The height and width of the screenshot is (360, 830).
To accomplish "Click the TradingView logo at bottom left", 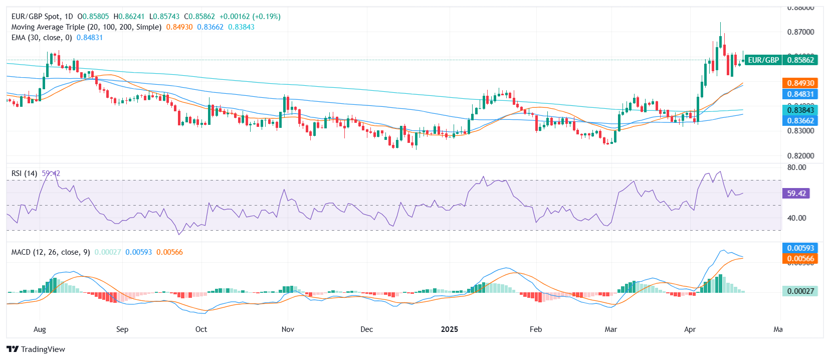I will pos(36,349).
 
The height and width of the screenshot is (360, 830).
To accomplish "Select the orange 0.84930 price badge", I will pos(800,83).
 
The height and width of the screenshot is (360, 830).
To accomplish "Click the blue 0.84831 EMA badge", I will pos(800,94).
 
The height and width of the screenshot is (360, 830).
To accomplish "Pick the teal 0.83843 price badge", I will pos(800,110).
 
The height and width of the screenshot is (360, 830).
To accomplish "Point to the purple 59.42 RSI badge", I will pos(796,194).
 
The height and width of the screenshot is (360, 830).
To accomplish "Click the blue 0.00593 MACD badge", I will pos(800,248).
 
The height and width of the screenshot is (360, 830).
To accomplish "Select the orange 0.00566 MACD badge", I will pos(800,259).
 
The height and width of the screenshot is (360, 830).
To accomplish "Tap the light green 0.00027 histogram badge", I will pos(800,291).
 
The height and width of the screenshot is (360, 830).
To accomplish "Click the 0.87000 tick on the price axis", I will pos(800,32).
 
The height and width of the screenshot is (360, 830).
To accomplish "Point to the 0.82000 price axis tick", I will pos(800,156).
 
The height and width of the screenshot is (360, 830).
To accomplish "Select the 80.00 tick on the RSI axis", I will pos(796,167).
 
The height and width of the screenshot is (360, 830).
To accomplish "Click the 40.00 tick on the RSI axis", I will pos(796,218).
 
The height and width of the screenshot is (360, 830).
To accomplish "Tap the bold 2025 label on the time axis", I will pos(449,329).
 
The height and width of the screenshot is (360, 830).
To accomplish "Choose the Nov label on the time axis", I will pos(288,329).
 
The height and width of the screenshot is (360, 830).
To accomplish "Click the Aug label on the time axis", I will pos(40,329).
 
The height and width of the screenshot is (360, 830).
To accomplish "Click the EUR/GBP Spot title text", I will pos(36,17).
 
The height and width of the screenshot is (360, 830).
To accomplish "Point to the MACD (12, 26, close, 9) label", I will pos(51,252).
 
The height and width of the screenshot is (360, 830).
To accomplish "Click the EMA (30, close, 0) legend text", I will pos(42,38).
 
